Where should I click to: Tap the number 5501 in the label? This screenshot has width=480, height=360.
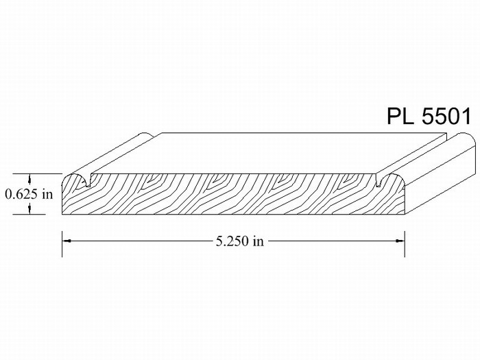446,116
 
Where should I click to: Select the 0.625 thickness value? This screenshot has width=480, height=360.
21,194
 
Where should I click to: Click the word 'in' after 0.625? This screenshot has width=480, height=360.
47,194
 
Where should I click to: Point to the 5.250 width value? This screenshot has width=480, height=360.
232,241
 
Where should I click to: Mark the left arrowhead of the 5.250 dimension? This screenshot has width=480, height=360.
67,241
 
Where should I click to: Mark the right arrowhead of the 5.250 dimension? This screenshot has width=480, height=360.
400,241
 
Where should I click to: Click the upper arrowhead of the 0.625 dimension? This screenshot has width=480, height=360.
29,178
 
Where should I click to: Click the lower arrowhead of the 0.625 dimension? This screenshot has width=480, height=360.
29,209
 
